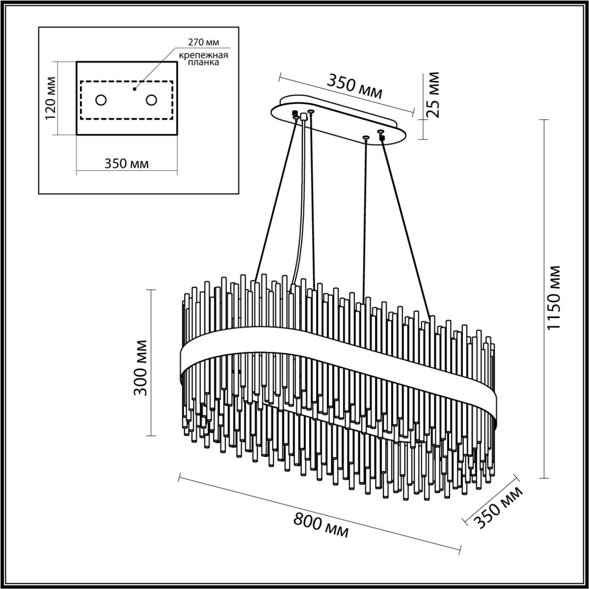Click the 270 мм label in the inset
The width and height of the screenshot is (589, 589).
[x=203, y=42]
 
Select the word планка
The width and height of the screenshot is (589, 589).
[x=205, y=63]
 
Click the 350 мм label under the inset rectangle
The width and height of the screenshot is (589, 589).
[x=127, y=163]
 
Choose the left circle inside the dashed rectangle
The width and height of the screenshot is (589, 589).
[x=101, y=100]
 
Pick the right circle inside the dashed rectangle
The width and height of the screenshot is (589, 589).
[x=152, y=100]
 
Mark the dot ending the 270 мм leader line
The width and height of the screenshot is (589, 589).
[x=135, y=88]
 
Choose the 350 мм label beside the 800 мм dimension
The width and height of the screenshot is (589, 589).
[x=499, y=508]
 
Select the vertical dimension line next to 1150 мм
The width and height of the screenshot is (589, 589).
[x=544, y=299]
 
